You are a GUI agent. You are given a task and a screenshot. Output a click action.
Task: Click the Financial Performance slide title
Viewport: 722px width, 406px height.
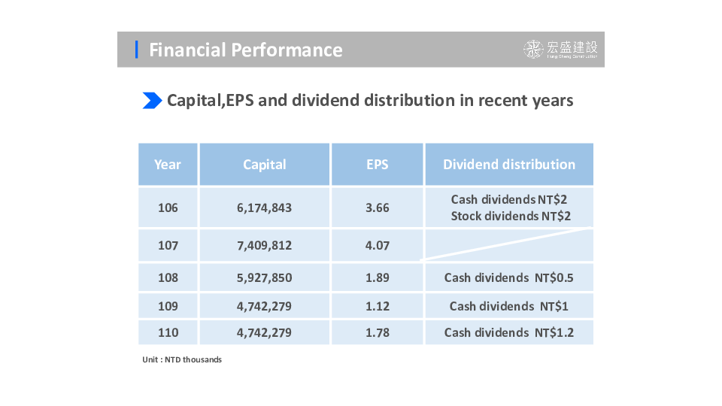245,50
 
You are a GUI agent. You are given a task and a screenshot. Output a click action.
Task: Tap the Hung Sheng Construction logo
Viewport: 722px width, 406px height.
560,49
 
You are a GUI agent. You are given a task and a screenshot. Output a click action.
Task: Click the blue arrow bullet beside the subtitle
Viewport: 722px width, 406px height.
152,100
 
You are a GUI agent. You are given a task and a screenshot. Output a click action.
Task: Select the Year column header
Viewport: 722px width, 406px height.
168,165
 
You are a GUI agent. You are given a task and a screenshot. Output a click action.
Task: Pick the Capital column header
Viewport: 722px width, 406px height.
264,165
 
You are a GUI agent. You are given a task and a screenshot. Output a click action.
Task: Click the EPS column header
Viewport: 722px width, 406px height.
377,165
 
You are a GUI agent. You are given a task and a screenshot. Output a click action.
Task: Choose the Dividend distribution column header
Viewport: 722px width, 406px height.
509,165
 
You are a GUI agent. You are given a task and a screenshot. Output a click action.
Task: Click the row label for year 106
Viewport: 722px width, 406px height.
168,208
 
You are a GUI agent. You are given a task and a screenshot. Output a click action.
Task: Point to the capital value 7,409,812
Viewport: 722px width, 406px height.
264,245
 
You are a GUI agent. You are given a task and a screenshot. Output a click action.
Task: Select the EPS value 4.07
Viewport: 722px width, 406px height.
377,245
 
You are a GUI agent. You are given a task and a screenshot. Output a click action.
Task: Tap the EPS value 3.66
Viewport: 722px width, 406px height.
377,208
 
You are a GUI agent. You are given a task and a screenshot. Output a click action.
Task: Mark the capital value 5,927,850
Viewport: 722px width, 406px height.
264,277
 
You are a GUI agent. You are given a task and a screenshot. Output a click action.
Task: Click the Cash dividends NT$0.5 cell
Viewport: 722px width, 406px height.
509,277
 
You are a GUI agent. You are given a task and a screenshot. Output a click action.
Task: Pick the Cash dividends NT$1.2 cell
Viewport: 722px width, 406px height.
509,332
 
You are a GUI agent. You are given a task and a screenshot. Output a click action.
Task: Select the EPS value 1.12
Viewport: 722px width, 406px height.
377,306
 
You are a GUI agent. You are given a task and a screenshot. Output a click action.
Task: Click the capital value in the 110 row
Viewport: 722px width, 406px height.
264,332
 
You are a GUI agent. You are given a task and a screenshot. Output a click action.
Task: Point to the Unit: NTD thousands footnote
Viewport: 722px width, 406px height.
182,359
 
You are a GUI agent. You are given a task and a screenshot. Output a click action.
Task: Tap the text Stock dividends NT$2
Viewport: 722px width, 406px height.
511,216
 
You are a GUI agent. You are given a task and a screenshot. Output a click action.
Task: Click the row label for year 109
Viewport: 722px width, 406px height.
168,306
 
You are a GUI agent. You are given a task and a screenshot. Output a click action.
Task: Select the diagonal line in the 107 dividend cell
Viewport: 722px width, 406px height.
506,244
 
